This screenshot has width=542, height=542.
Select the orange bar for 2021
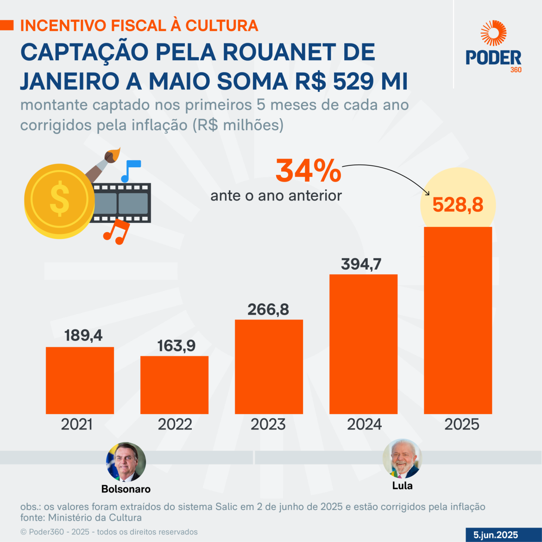[80, 380]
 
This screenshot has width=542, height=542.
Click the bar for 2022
[174, 384]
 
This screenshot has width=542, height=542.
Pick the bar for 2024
[363, 344]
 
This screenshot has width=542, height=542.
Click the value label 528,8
[458, 205]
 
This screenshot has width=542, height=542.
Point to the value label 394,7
[361, 264]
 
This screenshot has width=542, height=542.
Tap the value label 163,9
[176, 346]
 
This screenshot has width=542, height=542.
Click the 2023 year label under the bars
[268, 424]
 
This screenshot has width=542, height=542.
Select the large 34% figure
[309, 171]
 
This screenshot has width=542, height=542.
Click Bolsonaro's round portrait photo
[126, 462]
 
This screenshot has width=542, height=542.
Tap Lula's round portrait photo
[402, 459]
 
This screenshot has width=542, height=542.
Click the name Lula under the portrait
[402, 486]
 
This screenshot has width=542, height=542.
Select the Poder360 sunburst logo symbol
[493, 33]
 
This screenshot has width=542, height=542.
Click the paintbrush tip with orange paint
[113, 154]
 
